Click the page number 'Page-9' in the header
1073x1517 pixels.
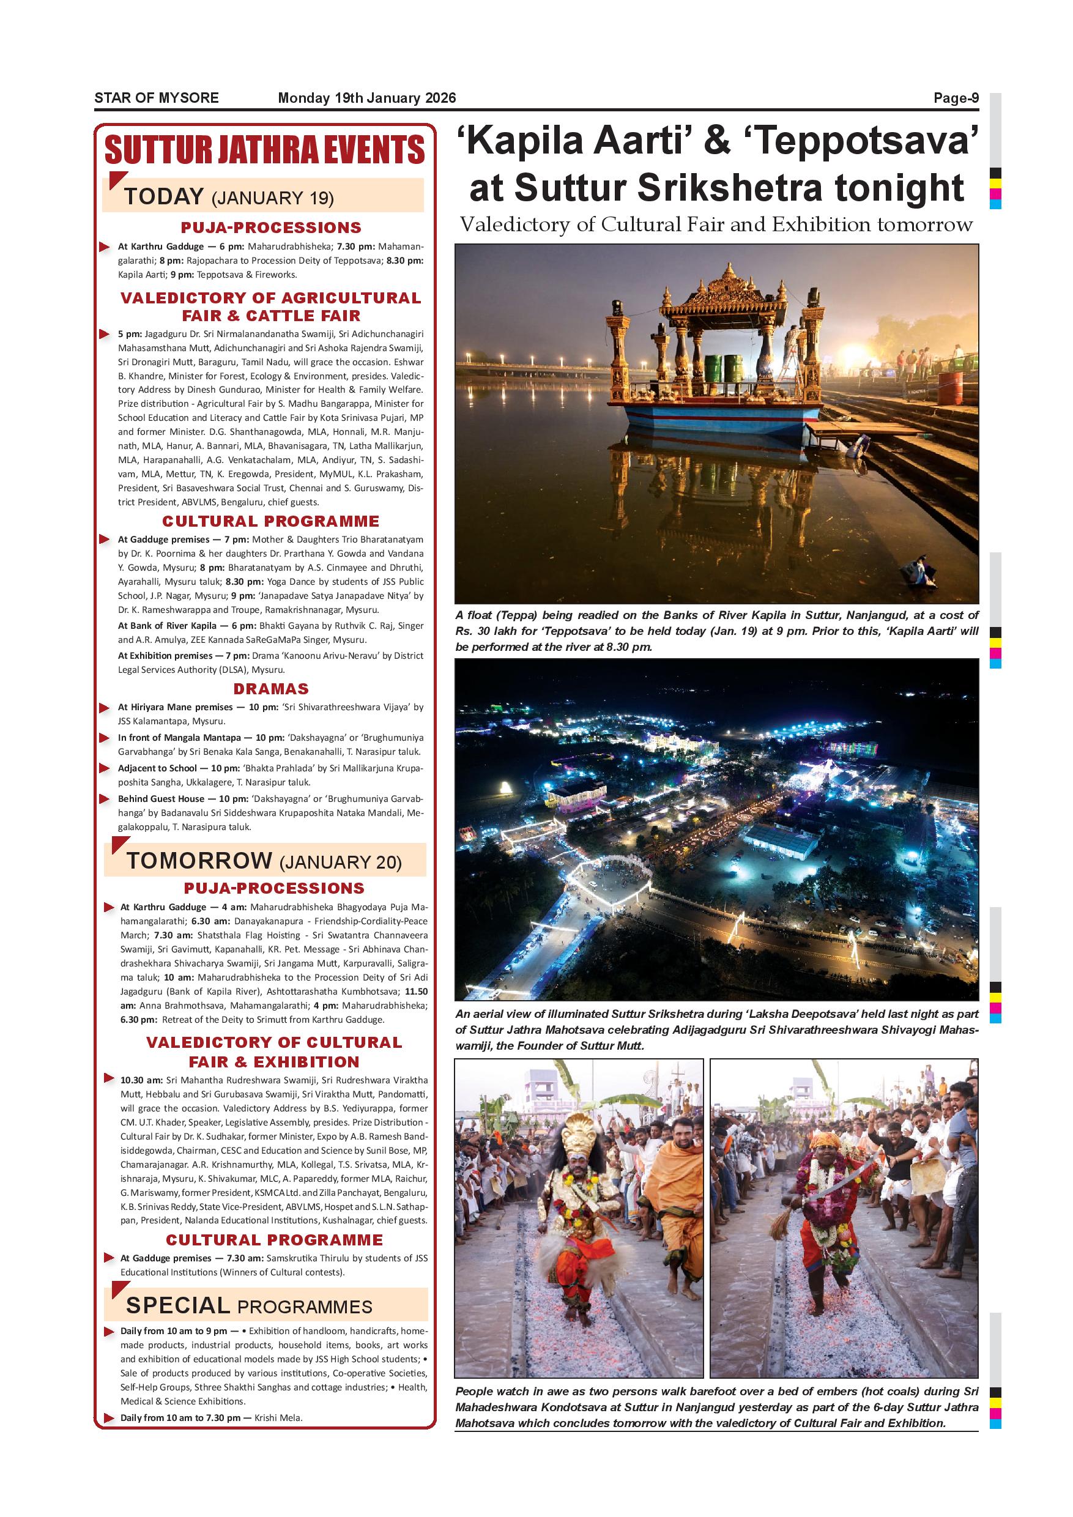pyautogui.click(x=956, y=98)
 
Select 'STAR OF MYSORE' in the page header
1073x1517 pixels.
pyautogui.click(x=157, y=98)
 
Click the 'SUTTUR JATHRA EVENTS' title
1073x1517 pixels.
pyautogui.click(x=264, y=150)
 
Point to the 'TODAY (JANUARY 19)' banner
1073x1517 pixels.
pyautogui.click(x=229, y=197)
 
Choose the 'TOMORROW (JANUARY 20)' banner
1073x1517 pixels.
pyautogui.click(x=264, y=861)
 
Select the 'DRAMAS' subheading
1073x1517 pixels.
pyautogui.click(x=271, y=689)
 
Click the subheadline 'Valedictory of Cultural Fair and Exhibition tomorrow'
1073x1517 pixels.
pyautogui.click(x=716, y=224)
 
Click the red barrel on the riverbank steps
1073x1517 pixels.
pyautogui.click(x=951, y=388)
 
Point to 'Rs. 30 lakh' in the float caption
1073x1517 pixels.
pyautogui.click(x=485, y=631)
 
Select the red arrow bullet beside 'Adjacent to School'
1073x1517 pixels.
pyautogui.click(x=105, y=768)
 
